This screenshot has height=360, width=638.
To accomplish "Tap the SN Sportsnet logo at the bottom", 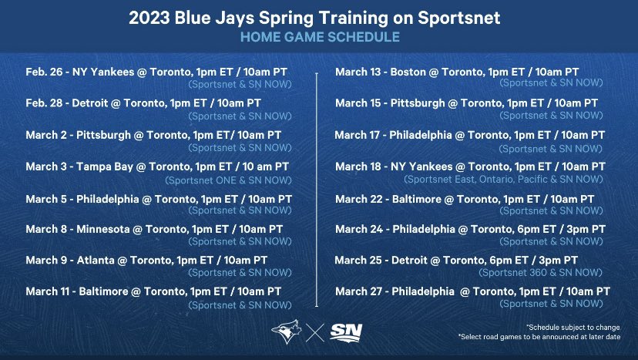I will pos(346,332).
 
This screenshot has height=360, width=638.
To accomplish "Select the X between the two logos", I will pos(314,332).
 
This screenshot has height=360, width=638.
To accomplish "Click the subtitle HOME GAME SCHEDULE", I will pos(318,36).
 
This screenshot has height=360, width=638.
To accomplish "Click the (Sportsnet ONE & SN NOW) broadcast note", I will pos(229,180).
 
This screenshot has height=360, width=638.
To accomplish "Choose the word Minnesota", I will pos(105,229).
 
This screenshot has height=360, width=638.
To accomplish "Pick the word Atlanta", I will pos(93,260).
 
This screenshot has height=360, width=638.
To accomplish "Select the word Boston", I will pos(408,72).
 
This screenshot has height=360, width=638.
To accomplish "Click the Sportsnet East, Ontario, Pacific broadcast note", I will pos(505,178).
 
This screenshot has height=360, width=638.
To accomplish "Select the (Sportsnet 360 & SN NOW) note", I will pos(541,272).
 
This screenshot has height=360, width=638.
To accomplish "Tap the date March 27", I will pos(360,291).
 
